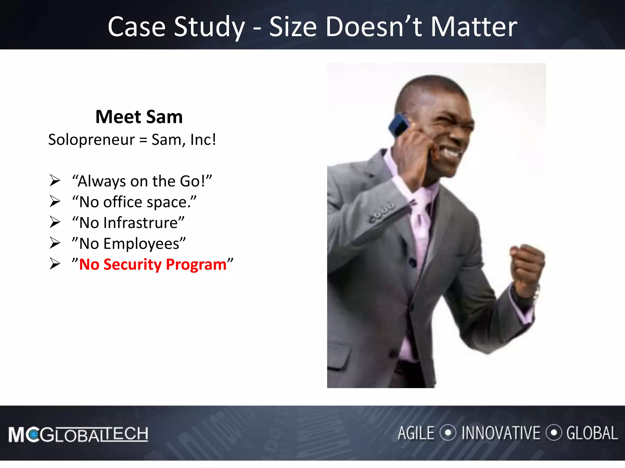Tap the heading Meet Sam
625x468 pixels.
coord(139,117)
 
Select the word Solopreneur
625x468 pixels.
coord(91,140)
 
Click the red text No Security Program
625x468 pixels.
coord(153,264)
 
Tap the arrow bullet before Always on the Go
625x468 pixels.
coord(55,181)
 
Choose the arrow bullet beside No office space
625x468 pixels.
coord(55,202)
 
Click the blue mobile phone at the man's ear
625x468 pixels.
coord(398,125)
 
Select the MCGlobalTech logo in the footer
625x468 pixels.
coord(78,434)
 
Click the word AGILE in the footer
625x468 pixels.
coord(416,433)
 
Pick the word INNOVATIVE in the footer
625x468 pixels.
coord(500,433)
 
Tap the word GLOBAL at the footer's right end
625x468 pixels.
coord(592,433)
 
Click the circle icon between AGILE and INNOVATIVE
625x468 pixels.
coord(448,433)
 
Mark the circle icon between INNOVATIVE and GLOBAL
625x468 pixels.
coord(554,433)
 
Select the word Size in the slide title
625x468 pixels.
coord(293,27)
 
